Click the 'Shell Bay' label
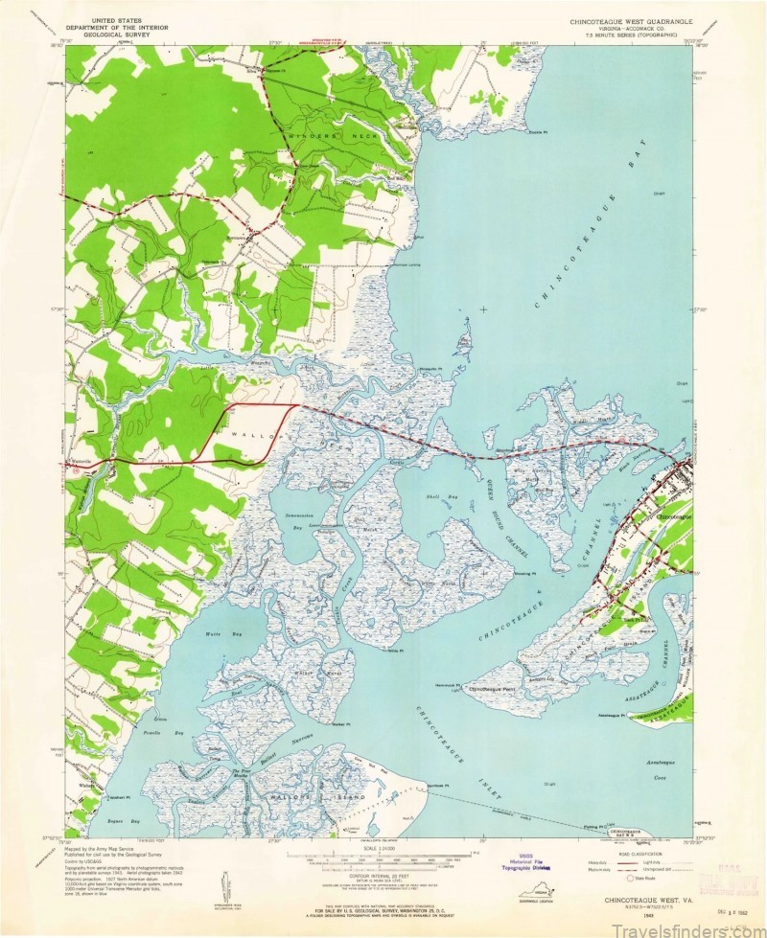pos(442,498)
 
